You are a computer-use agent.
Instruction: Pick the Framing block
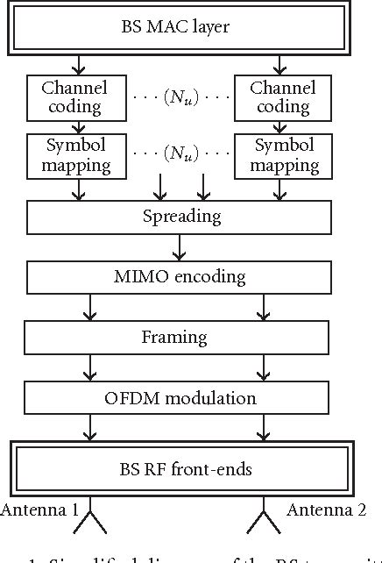point(174,338)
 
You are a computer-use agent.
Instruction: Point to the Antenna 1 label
point(39,510)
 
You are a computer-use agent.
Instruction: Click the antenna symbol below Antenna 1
point(88,523)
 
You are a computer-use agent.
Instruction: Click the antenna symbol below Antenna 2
point(263,523)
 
